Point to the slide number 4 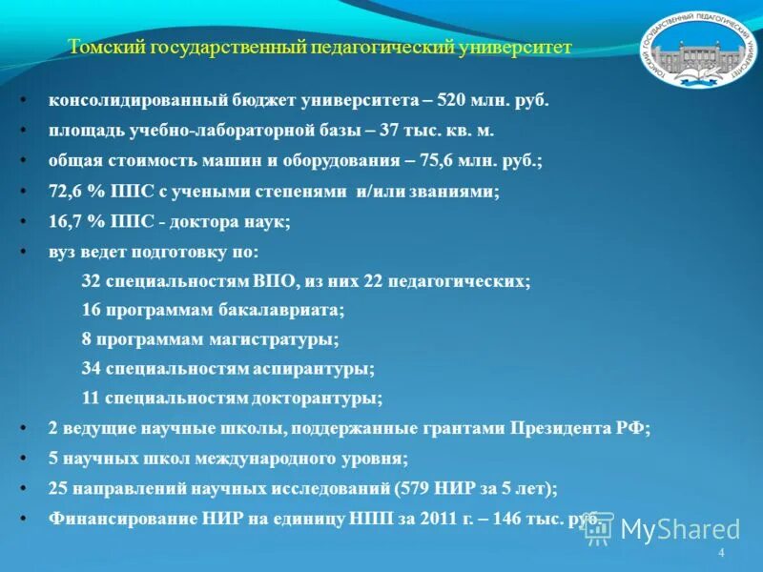click(x=721, y=554)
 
